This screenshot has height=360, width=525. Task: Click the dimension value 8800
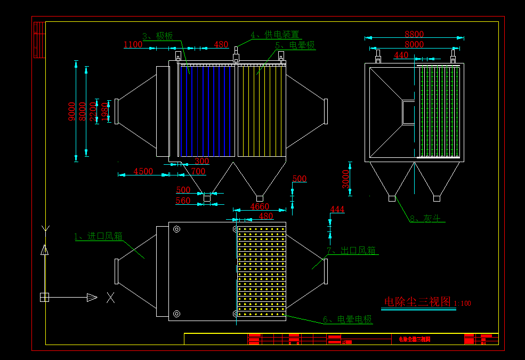414,35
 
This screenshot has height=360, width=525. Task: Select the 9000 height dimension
72,111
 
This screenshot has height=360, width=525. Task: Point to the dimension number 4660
260,206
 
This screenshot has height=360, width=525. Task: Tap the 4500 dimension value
143,171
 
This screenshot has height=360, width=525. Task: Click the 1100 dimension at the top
133,45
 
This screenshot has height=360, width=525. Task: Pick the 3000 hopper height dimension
346,179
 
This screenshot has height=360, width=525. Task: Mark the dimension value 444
337,209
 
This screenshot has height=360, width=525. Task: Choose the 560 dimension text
183,201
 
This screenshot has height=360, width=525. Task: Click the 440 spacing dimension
401,55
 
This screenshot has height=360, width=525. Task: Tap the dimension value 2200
93,112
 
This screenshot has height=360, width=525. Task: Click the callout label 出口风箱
351,250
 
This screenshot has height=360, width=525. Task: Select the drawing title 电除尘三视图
417,301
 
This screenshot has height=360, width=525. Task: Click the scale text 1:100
463,303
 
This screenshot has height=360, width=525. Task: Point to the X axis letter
110,298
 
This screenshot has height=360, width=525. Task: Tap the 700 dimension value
198,171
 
